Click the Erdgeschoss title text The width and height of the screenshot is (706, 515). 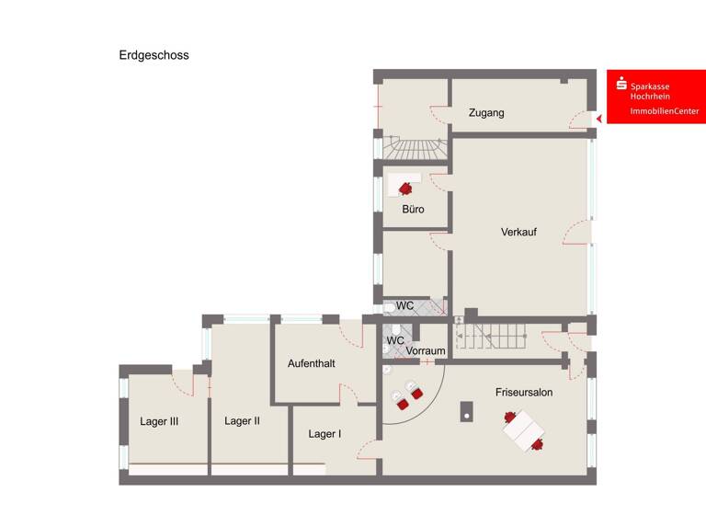154,55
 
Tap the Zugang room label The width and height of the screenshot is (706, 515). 485,113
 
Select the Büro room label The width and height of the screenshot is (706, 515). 413,210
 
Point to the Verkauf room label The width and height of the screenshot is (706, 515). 518,232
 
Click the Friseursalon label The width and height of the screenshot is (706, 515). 524,393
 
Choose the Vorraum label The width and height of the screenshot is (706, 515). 426,351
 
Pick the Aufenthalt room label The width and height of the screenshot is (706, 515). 311,363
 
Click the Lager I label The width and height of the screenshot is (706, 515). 325,434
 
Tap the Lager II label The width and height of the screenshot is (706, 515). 242,421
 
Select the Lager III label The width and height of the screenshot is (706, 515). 159,422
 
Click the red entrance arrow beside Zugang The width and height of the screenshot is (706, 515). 598,119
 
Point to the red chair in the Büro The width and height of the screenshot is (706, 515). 405,188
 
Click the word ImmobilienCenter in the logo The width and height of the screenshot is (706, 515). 664,111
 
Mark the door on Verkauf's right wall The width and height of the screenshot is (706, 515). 576,233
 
